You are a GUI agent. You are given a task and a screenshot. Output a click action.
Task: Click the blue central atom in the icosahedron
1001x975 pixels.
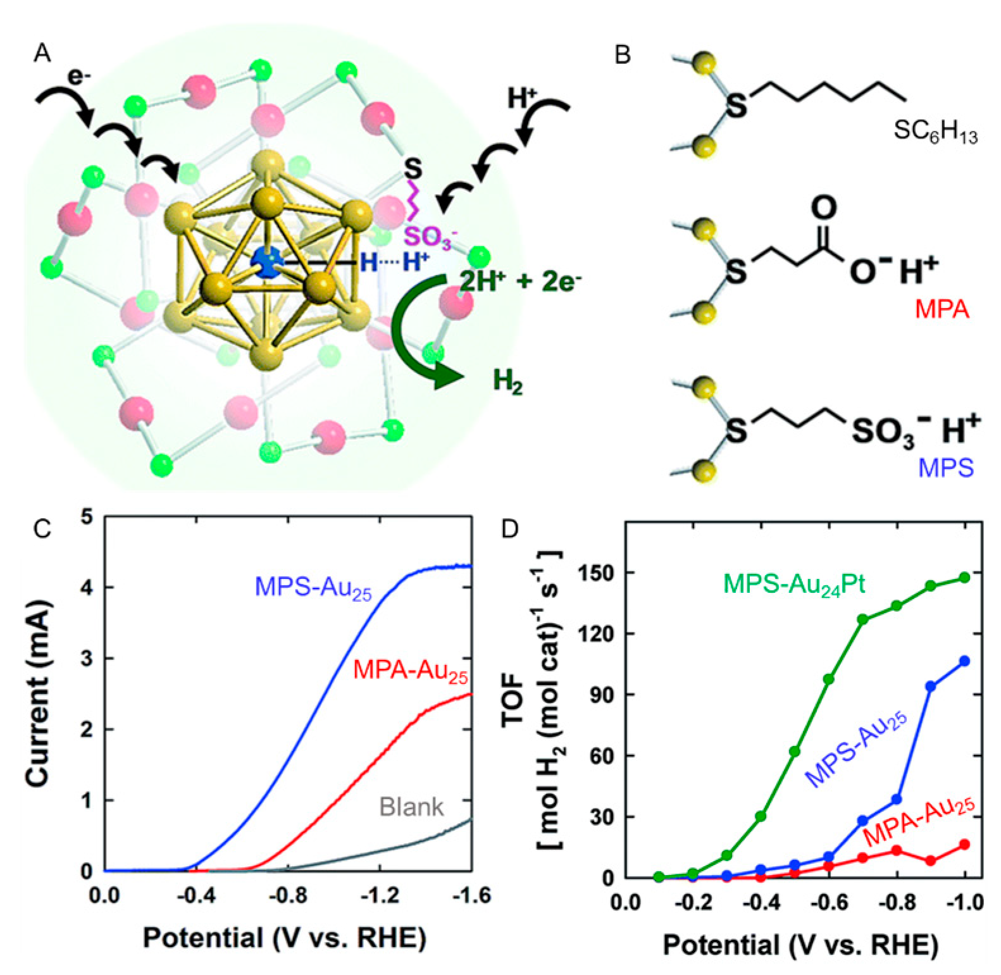[267, 262]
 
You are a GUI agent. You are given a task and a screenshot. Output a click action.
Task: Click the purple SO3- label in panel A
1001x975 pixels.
[430, 237]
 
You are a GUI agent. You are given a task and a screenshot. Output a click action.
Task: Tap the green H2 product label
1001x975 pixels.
[507, 382]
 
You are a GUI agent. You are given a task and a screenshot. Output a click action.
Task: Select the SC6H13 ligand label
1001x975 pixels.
[935, 132]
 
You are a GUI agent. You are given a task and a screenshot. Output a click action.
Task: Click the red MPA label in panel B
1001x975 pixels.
[942, 309]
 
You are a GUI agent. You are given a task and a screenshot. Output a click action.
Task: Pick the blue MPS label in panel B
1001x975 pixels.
[945, 468]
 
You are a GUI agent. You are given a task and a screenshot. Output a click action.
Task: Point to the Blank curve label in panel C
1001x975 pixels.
[411, 807]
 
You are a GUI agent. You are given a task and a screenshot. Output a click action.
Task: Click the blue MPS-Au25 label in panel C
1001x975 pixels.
[313, 588]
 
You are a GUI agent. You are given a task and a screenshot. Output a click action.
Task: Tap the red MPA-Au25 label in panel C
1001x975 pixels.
[410, 671]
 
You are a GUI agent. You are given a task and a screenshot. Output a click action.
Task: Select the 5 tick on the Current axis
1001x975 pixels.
[87, 518]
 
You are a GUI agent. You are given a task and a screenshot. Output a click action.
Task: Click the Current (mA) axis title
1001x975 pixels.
[39, 693]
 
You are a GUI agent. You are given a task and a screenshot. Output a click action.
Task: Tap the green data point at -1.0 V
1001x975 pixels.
[964, 577]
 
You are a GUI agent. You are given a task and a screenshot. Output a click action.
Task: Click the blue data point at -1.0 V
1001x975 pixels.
[964, 661]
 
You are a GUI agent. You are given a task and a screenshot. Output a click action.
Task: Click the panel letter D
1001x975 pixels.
[509, 529]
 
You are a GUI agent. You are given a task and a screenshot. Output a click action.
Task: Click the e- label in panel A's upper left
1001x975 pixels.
[79, 77]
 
